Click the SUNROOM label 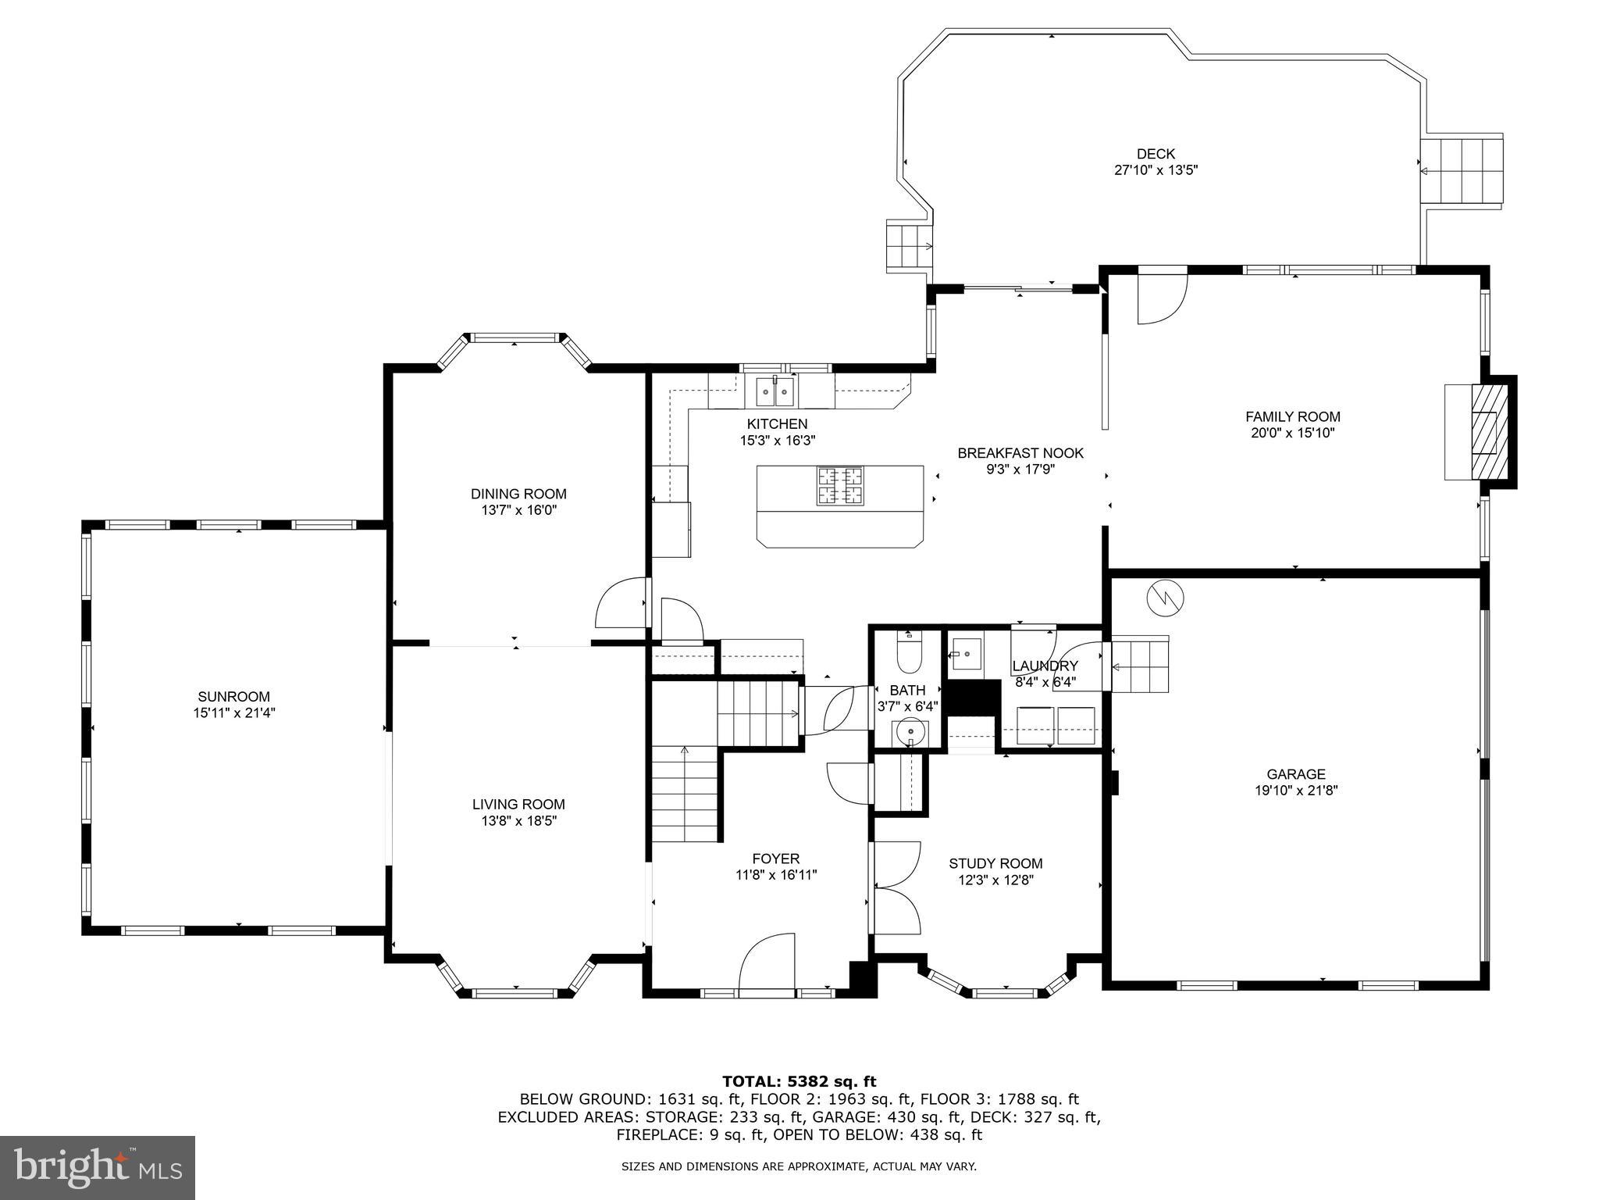pos(233,696)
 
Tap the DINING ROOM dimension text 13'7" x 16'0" pos(518,510)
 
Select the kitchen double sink pos(775,391)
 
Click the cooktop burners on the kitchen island pos(840,485)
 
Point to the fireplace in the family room pos(1484,432)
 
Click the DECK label pos(1156,154)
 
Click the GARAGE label pos(1296,774)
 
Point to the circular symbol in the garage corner pos(1165,598)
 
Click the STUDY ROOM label pos(995,863)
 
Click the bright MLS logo pos(98,1167)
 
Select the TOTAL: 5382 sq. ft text pos(799,1081)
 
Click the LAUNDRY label pos(1045,666)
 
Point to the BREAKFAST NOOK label pos(1020,452)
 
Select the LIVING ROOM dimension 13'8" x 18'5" pos(518,820)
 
